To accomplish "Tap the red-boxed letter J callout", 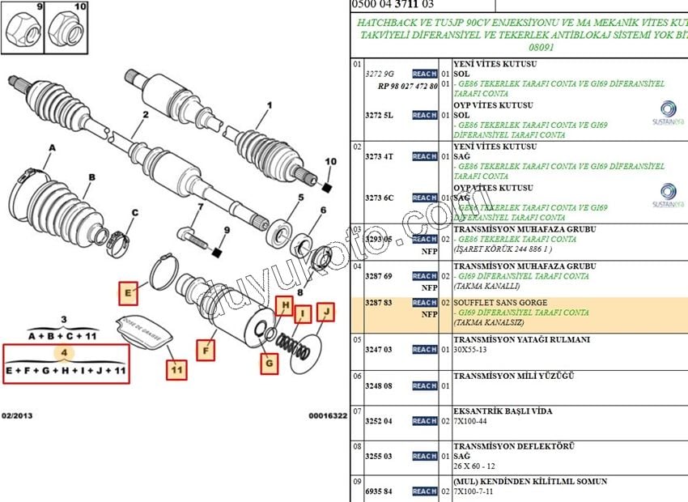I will tap(325, 310).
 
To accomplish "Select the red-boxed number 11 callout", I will tap(176, 370).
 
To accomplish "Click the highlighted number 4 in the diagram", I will tap(65, 352).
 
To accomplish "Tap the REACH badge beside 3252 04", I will tap(424, 421).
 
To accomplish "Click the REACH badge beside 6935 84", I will tap(424, 491).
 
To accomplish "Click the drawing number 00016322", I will tap(327, 415).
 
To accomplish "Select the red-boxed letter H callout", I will tap(283, 305).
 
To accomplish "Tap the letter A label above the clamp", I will tap(53, 148).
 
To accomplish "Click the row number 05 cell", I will tap(357, 339).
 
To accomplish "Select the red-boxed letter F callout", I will tap(206, 351).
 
